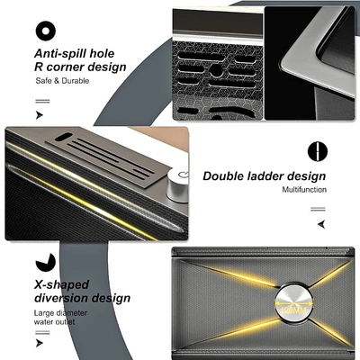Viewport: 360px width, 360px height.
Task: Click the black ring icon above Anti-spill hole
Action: coord(45,31)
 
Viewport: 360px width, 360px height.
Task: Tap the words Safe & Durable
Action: coord(62,81)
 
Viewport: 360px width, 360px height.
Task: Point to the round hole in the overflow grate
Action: coord(215,70)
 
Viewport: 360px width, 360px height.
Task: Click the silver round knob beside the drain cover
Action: coord(178,184)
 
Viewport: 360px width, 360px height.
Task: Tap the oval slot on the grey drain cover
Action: coord(64,137)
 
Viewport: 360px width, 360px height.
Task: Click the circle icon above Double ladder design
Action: coord(318,151)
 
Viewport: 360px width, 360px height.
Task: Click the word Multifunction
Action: coord(304,190)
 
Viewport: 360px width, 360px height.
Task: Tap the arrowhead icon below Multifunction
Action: coord(321,224)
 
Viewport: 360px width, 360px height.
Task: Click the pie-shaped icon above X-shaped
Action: coord(46,262)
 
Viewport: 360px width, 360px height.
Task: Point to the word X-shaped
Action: coord(61,284)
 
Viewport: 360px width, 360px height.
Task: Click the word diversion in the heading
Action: coord(61,298)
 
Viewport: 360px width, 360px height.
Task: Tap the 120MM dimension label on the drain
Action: coord(294,310)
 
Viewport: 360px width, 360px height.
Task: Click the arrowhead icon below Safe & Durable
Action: coord(40,115)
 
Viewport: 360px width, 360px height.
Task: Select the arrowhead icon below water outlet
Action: coord(40,343)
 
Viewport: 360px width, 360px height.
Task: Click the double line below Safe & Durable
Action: coord(42,102)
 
